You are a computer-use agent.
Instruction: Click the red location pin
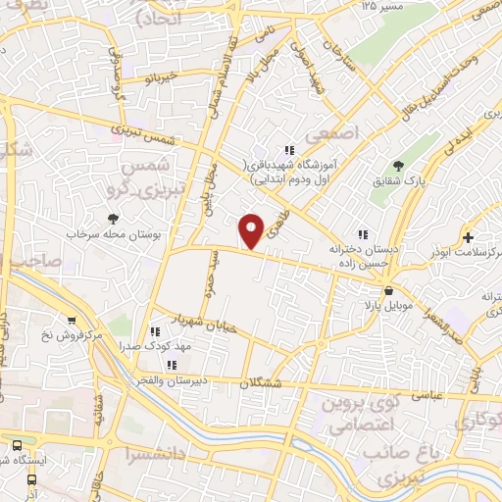pos(252,230)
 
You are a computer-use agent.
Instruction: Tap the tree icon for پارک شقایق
pos(398,167)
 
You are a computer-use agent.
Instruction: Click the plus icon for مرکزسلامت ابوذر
pos(469,237)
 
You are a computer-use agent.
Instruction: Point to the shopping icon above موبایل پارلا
pos(389,290)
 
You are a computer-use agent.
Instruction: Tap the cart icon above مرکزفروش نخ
pos(72,321)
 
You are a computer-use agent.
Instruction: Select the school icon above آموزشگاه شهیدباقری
pos(288,150)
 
